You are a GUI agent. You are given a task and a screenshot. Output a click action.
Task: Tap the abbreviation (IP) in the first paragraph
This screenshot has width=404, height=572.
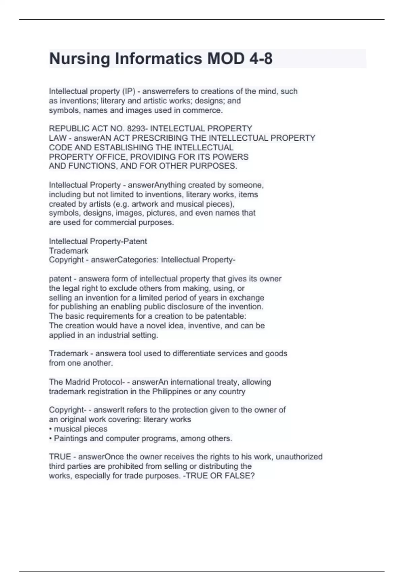[x=128, y=91]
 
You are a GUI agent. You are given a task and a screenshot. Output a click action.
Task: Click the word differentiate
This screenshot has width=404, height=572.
[x=194, y=354]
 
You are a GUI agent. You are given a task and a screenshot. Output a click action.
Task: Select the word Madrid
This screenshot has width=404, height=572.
[x=78, y=382]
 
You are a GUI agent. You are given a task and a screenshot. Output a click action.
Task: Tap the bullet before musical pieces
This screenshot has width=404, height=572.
[x=50, y=429]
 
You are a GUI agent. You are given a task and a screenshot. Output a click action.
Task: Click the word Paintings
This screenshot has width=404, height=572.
[x=71, y=438]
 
